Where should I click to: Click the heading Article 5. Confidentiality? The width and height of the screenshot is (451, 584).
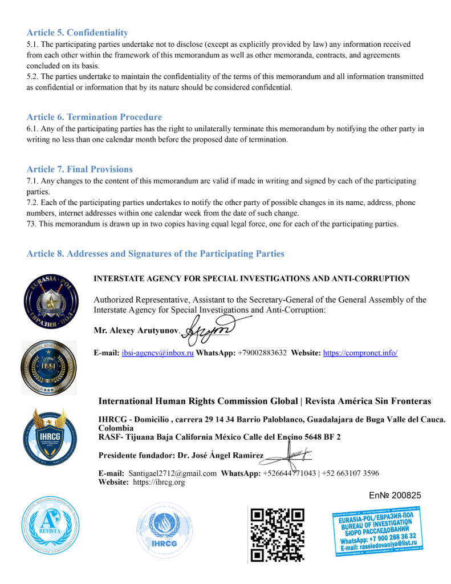coord(77,33)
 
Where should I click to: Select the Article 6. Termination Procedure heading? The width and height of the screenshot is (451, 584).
coord(94,117)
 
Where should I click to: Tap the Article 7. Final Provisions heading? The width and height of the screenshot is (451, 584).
coord(79,169)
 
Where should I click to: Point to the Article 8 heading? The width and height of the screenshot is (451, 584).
coord(155,253)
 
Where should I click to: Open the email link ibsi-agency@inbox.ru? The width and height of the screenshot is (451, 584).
coord(157,353)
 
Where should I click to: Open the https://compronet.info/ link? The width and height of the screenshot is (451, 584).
coord(360,353)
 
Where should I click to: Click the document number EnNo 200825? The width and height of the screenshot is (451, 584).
coord(392,495)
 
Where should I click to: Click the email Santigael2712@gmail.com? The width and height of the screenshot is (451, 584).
coord(172,473)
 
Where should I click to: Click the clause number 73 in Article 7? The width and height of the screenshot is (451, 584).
coord(31,224)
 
